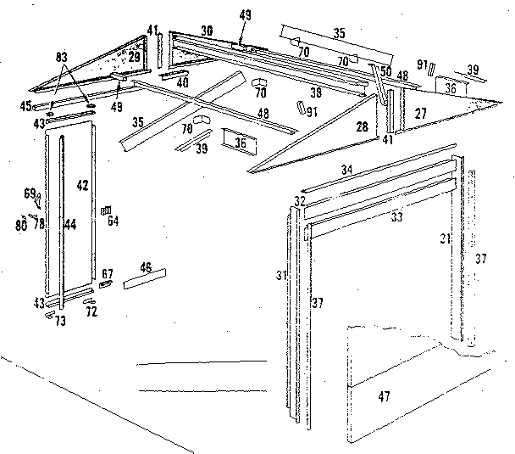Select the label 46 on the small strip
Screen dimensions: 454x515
click(146, 269)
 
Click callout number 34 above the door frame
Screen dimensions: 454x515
click(346, 171)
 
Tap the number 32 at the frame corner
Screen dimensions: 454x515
click(299, 201)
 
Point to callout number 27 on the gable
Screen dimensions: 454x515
click(420, 111)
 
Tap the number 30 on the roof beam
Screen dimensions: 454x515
click(207, 30)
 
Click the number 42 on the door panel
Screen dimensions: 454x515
click(83, 184)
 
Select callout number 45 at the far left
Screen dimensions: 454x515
click(25, 106)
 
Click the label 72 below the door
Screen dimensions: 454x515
click(91, 311)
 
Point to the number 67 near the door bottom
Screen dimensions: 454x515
click(108, 273)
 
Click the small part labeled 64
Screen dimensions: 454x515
click(105, 210)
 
